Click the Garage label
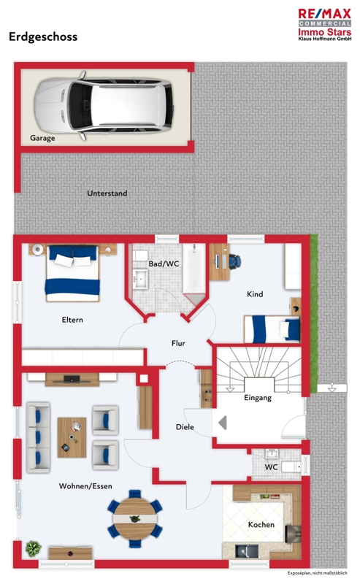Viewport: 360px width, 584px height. point(42,138)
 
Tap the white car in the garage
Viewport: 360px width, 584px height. point(104,105)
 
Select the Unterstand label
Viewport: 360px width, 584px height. point(107,193)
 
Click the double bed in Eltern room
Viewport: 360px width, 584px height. point(73,273)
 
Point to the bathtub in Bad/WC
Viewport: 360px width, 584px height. point(194,269)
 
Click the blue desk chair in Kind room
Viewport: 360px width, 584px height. point(234,261)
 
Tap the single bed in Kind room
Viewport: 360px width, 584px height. point(272,329)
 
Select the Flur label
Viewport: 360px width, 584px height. point(178,343)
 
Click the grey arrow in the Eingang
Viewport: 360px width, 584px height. point(223,423)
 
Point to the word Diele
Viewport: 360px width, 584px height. point(185,427)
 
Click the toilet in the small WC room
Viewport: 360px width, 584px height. point(291,467)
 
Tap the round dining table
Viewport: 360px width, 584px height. point(135,518)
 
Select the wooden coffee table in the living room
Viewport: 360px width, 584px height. point(72,437)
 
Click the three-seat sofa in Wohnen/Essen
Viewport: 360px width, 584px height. point(38,437)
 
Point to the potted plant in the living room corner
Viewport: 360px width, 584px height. point(33,548)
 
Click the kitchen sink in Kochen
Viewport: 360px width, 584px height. point(247,550)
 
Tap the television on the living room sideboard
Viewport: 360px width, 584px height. point(72,380)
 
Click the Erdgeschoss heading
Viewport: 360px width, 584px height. point(43,37)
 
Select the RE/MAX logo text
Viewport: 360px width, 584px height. point(325,14)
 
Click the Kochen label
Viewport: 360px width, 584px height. point(261,525)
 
